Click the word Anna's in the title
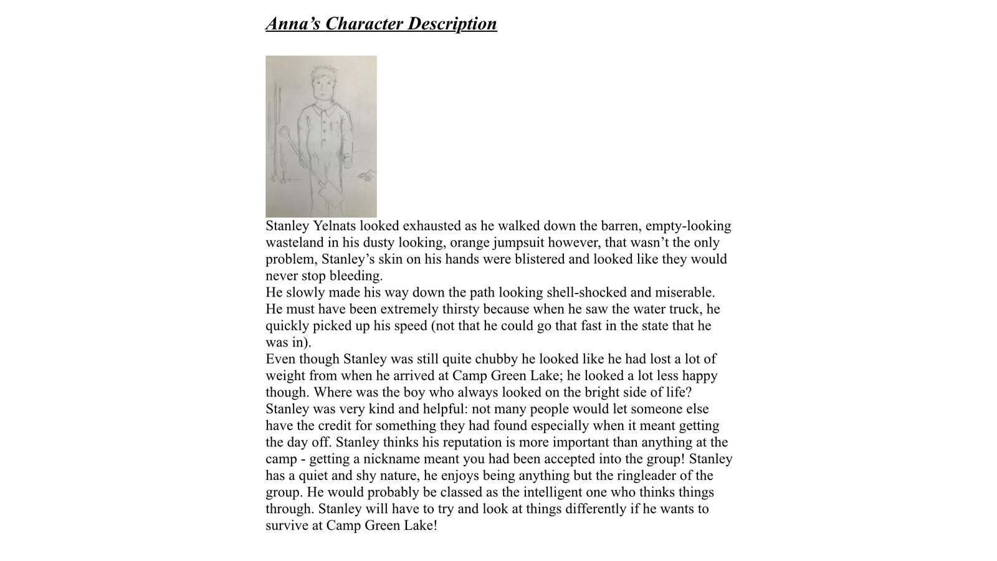292,24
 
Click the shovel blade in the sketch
330,193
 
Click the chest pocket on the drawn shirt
337,125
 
